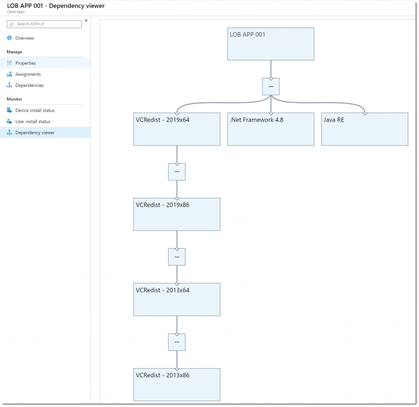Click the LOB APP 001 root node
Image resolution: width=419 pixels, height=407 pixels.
tap(271, 44)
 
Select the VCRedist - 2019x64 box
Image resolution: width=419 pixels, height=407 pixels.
tap(177, 129)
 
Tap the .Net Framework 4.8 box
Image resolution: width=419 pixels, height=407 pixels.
tap(271, 129)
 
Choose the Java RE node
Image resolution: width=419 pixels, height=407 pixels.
tap(364, 129)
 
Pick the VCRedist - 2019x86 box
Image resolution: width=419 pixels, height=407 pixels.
tap(177, 214)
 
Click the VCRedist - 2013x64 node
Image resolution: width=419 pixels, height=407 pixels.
tap(177, 299)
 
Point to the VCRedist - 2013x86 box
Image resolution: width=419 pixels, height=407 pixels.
tap(177, 384)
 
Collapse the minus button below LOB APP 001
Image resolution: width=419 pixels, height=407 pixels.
tap(271, 87)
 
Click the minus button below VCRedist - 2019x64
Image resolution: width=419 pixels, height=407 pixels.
tap(177, 172)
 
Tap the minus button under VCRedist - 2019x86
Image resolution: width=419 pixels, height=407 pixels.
tap(177, 257)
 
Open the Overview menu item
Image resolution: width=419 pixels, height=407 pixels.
tap(25, 38)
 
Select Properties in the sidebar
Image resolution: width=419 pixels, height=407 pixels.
tap(26, 63)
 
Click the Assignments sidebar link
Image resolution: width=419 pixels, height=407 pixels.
tap(28, 74)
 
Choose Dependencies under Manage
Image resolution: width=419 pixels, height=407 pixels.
tap(29, 86)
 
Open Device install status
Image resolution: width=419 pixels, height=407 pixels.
tap(35, 111)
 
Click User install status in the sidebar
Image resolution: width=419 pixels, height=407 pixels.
tap(33, 122)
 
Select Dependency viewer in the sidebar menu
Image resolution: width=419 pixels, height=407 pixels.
tap(35, 132)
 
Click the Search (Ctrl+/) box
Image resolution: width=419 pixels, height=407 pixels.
tap(45, 24)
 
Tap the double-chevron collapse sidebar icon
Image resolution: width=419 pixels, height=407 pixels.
tap(86, 21)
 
